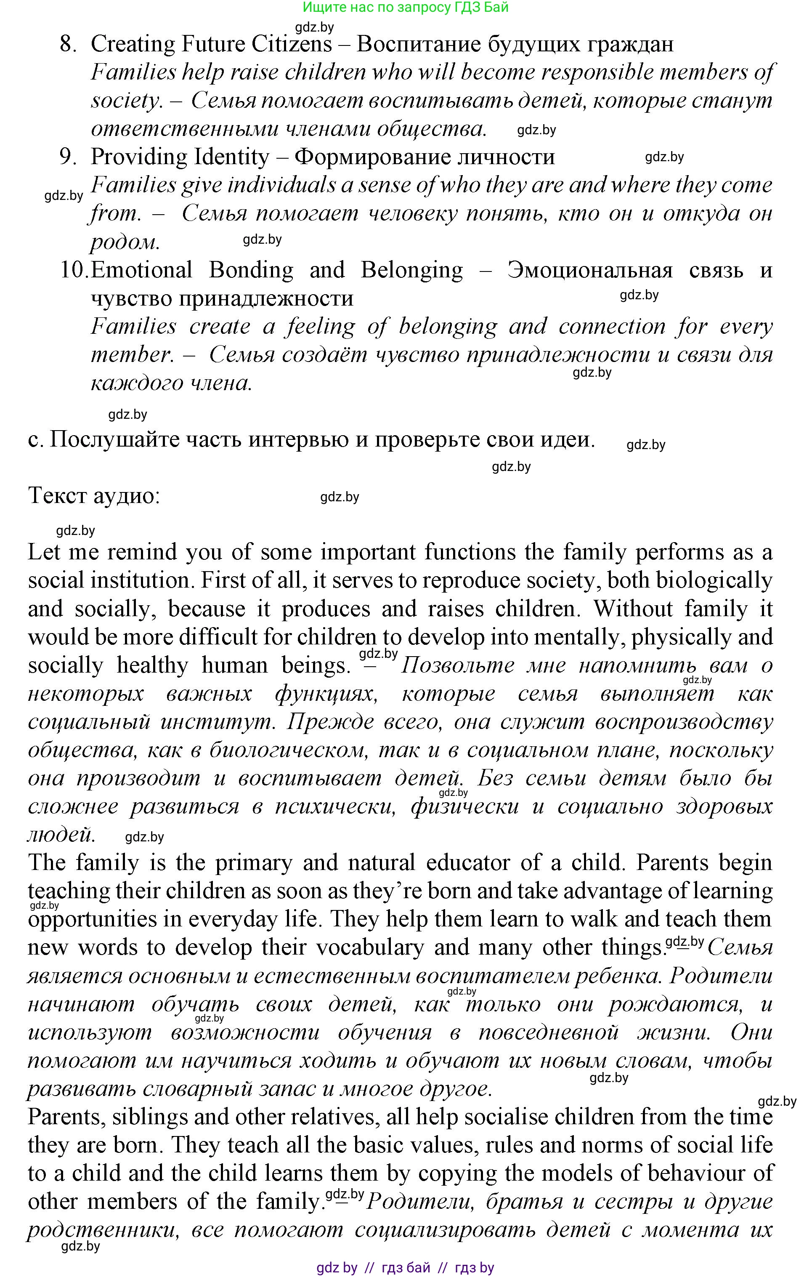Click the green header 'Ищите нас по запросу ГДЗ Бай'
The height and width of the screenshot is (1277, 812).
(x=406, y=8)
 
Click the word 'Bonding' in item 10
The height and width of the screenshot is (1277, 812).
(x=251, y=270)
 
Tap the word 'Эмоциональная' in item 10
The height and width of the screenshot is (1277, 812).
(x=590, y=270)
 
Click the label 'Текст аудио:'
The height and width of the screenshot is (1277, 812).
(x=94, y=496)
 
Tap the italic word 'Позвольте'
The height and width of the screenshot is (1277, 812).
(x=457, y=665)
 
